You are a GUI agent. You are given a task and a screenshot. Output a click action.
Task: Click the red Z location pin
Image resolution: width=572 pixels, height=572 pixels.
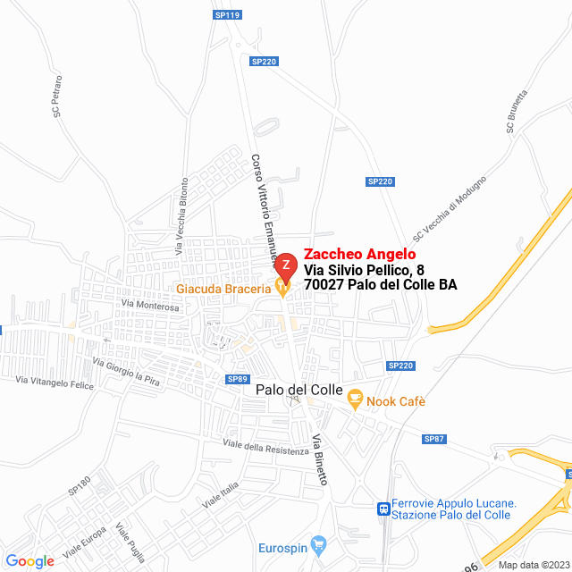tap(285, 266)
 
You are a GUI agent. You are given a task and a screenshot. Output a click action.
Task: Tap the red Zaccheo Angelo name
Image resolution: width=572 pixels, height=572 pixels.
tap(360, 254)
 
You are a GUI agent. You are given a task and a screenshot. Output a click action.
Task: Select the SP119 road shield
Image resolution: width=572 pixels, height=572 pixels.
tap(228, 15)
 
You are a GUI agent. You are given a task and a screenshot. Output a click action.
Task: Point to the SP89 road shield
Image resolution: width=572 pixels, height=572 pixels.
tap(237, 379)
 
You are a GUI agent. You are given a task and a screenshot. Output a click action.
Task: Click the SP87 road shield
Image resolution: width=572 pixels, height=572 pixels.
tap(434, 439)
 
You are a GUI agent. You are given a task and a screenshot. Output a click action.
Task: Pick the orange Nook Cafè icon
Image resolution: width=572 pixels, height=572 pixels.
tap(355, 400)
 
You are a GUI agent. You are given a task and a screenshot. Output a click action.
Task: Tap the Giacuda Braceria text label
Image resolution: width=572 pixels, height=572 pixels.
tap(223, 289)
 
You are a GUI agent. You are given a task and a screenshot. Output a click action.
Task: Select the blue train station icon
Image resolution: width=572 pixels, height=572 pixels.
tap(383, 509)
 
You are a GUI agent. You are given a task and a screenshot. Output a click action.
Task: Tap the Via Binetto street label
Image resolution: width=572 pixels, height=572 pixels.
tap(320, 459)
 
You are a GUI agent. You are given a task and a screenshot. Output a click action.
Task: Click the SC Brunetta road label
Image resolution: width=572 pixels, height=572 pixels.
tap(517, 112)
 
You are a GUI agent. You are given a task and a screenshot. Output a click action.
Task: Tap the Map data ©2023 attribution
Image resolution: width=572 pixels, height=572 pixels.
tap(533, 565)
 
